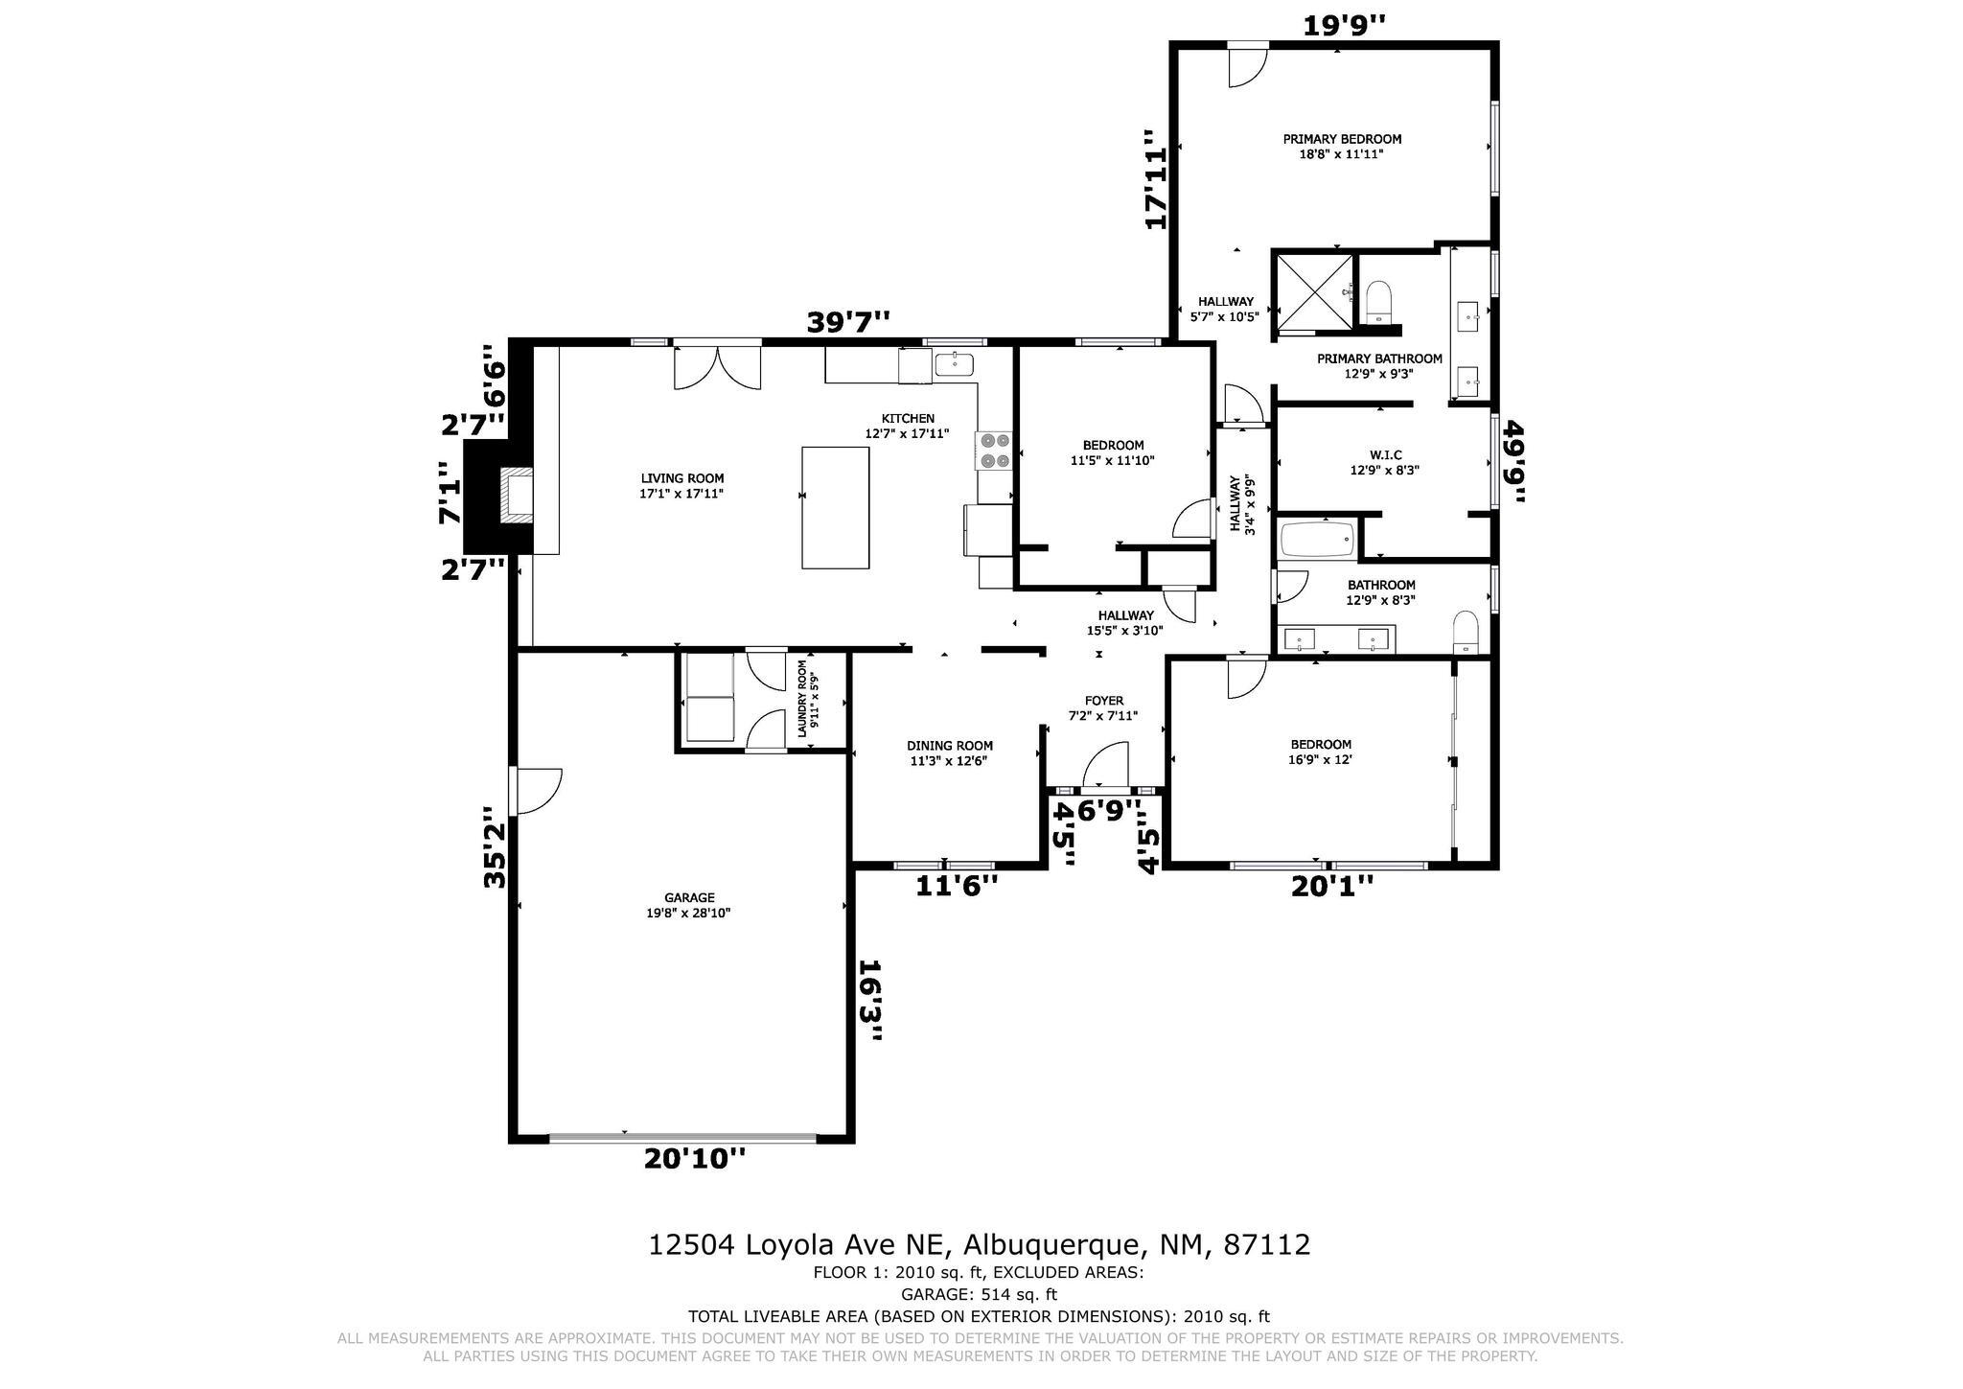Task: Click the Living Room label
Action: coord(681,486)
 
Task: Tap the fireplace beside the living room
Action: coord(517,495)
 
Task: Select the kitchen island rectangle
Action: coord(835,507)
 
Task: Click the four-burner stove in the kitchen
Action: coord(994,450)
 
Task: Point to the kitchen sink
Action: coord(954,364)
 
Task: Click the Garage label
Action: coord(688,906)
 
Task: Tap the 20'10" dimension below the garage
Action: coord(694,1159)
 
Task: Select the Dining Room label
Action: coord(950,753)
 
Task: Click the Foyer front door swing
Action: coord(1105,765)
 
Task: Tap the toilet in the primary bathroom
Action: coord(1377,301)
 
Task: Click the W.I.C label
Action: coord(1384,463)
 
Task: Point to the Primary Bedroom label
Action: coord(1342,147)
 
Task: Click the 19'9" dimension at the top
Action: coord(1344,25)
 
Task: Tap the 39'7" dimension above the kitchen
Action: coord(848,322)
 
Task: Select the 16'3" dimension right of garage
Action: coord(869,1001)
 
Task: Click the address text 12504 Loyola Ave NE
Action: coord(798,1245)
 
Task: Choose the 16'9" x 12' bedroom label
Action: coord(1321,752)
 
